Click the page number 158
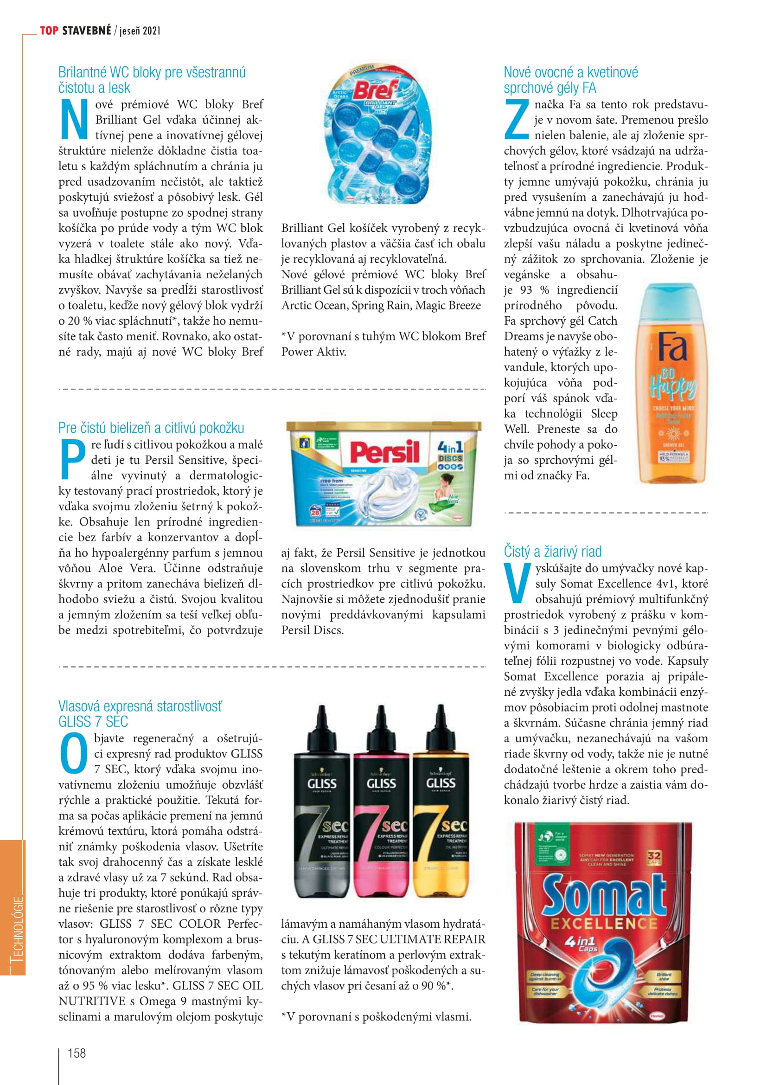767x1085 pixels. pos(77,1053)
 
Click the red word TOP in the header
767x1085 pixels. pos(49,31)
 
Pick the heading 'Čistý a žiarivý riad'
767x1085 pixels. pos(553,552)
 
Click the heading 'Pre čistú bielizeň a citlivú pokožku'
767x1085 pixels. pos(151,428)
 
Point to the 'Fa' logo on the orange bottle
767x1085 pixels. pos(672,347)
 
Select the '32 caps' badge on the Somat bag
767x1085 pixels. pos(654,858)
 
